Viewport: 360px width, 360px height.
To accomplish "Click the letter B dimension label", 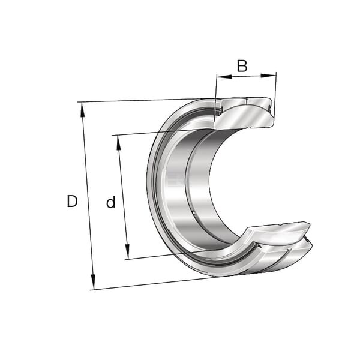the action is click(242, 66).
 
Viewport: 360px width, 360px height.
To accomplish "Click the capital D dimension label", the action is click(72, 201).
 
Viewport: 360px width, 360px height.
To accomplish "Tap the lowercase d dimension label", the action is click(110, 202).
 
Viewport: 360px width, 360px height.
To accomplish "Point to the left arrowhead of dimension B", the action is click(224, 76).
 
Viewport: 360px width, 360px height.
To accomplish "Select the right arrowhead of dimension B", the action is click(268, 76).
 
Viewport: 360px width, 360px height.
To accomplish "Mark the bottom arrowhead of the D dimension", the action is click(93, 281).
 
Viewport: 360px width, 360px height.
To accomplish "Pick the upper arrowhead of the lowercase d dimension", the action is click(119, 143).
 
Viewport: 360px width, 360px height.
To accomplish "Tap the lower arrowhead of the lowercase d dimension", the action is click(127, 251).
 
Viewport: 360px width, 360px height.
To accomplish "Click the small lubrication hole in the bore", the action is click(194, 213).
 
